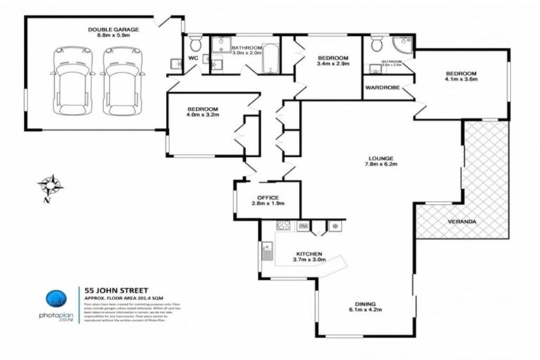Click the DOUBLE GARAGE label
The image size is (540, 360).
tap(113, 33)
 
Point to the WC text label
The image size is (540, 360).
tap(193, 58)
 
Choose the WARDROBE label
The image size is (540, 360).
tap(382, 89)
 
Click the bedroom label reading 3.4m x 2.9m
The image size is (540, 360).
tap(333, 62)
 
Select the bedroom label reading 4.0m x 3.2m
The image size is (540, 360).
tap(202, 112)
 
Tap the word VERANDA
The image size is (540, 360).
tap(462, 222)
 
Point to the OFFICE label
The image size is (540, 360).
tap(267, 201)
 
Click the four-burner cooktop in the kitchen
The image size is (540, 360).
tap(284, 226)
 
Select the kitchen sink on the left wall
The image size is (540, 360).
tap(267, 250)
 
